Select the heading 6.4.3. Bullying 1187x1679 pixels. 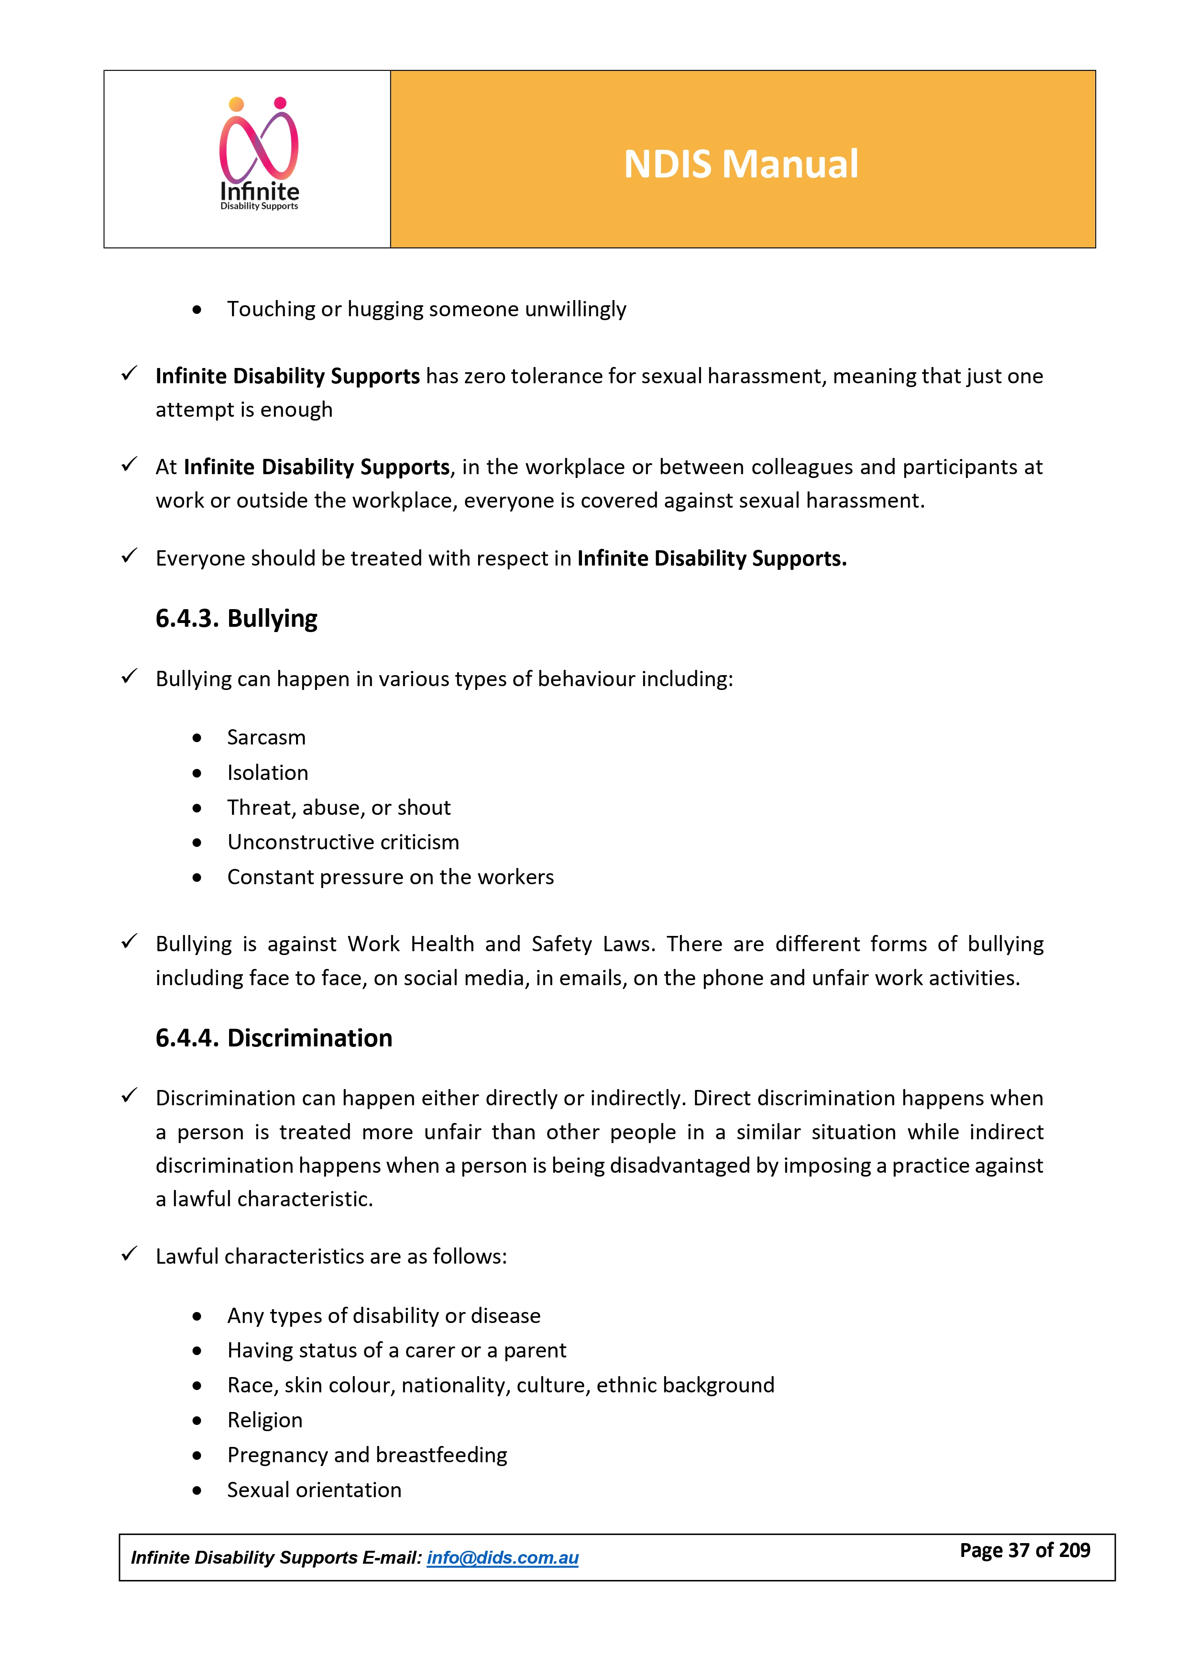pos(236,619)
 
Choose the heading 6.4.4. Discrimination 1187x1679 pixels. pos(274,1038)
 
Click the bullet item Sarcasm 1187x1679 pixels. pos(266,737)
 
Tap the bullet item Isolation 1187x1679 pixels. pos(267,772)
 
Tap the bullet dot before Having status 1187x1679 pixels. pos(197,1351)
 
